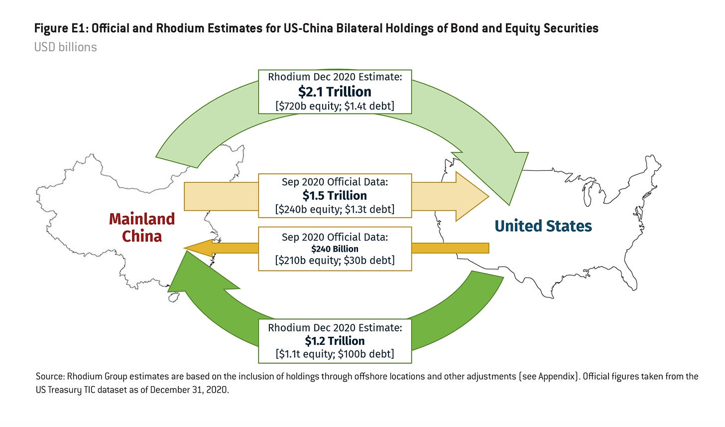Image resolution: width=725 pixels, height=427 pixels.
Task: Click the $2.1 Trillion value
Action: tap(335, 92)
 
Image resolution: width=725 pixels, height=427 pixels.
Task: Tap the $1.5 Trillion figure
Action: tap(335, 195)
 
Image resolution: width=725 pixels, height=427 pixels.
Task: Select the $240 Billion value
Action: tap(335, 249)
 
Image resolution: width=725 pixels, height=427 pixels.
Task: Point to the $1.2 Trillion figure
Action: tap(335, 341)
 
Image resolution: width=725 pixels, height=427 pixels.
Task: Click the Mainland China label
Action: tap(142, 227)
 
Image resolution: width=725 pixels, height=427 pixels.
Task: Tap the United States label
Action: tap(543, 226)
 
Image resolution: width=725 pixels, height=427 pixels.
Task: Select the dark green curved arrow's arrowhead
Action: tap(194, 277)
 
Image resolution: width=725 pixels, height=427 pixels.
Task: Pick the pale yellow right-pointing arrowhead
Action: tap(471, 196)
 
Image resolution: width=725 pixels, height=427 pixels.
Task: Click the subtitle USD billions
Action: tap(65, 47)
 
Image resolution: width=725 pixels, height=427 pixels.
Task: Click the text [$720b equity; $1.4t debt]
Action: tap(335, 106)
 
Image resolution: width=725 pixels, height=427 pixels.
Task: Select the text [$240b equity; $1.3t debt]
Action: tap(335, 209)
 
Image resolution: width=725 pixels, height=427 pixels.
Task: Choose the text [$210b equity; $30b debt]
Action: tap(335, 260)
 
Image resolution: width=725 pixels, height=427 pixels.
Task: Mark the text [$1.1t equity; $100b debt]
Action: tap(335, 354)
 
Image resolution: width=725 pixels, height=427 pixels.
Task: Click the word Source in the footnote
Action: tap(49, 376)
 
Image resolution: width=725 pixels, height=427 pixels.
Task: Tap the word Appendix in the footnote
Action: tap(557, 376)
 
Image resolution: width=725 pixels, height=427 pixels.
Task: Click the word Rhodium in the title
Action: tap(178, 28)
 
